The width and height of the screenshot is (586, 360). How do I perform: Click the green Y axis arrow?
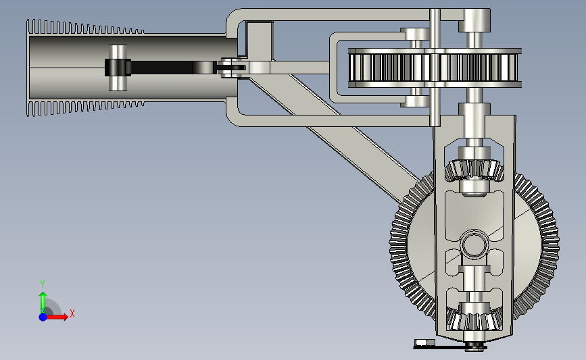43,302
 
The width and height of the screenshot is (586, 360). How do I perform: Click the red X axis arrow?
57,317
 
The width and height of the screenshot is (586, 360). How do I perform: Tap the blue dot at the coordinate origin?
43,317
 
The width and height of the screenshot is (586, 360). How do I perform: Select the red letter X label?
72,313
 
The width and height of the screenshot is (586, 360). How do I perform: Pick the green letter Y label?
43,284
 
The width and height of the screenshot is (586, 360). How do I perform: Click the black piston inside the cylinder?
118,68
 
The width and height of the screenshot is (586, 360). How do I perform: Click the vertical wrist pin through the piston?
118,68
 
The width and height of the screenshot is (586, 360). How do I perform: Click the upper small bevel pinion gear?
474,170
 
